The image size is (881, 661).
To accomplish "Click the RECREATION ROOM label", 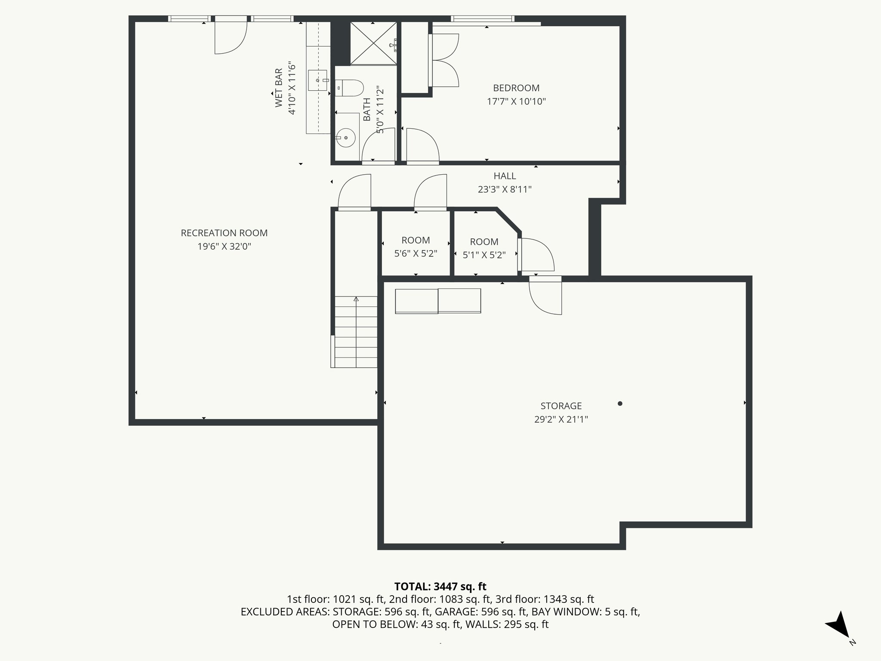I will pyautogui.click(x=224, y=233).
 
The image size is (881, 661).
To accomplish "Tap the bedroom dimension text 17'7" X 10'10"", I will pyautogui.click(x=516, y=102).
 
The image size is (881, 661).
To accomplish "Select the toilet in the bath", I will pyautogui.click(x=349, y=88).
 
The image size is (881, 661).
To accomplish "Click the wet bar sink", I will pyautogui.click(x=318, y=80).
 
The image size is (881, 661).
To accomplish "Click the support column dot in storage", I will pyautogui.click(x=620, y=404).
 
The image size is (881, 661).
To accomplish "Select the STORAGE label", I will pyautogui.click(x=561, y=406).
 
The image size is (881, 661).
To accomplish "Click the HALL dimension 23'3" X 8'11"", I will pyautogui.click(x=505, y=189).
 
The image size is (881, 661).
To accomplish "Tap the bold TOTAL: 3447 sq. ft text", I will pyautogui.click(x=440, y=587).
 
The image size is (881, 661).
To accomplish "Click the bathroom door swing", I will pyautogui.click(x=379, y=145).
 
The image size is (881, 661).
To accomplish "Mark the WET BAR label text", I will pyautogui.click(x=279, y=88).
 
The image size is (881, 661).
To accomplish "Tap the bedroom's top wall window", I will pyautogui.click(x=482, y=19).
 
